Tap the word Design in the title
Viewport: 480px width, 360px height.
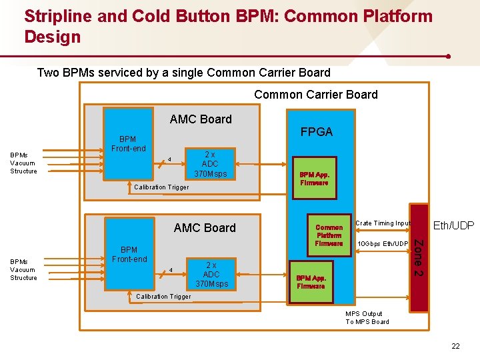[x=52, y=37]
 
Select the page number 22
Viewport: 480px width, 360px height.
[x=455, y=345]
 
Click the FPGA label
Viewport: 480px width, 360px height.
[x=316, y=132]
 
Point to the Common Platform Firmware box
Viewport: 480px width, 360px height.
[x=329, y=235]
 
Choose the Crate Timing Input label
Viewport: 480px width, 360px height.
[x=383, y=223]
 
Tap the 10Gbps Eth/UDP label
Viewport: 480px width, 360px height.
[x=383, y=244]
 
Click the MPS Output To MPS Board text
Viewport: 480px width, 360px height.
[x=367, y=318]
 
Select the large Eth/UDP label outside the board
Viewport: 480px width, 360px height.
[x=454, y=226]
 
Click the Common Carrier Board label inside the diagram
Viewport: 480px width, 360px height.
[x=315, y=95]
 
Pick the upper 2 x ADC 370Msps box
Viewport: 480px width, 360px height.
[x=210, y=164]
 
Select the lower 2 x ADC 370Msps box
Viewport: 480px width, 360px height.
[x=211, y=274]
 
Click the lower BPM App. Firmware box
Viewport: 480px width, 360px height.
[x=311, y=281]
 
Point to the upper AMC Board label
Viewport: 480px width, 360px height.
[x=201, y=119]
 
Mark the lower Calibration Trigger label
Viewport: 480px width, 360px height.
[x=163, y=297]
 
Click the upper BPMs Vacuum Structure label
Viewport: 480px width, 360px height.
[x=23, y=163]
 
